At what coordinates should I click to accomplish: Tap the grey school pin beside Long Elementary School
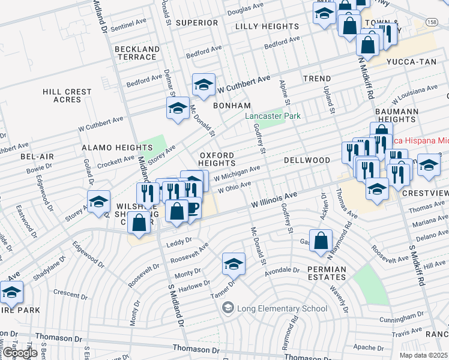228,309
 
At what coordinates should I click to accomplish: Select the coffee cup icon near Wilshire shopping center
191,209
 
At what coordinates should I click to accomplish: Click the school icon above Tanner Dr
234,263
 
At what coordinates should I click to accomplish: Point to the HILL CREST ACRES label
67,96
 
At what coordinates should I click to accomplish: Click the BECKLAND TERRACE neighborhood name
136,53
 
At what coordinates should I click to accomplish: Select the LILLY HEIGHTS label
267,26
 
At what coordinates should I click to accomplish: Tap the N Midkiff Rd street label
367,78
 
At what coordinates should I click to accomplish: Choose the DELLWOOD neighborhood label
307,161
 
